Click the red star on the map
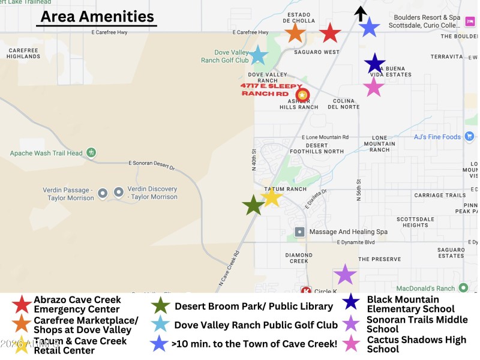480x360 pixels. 330,33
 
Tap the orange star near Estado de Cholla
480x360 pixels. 295,32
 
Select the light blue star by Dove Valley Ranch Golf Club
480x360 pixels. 258,55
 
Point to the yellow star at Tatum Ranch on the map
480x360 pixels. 272,196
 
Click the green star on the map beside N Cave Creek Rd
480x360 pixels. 253,206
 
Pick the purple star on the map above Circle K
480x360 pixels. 345,274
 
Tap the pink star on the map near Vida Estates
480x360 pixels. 374,86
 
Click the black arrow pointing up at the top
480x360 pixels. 360,13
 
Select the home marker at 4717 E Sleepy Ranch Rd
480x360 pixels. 302,95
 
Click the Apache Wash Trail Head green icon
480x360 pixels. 91,153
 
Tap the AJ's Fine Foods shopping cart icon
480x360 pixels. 469,137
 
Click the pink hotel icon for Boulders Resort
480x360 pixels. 470,22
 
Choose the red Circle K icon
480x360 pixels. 306,291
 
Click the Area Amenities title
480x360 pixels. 97,16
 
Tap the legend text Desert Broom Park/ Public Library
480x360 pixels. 253,306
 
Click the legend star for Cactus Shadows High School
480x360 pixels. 351,344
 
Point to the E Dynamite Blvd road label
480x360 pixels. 355,242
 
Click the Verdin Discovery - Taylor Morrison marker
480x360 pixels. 119,193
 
